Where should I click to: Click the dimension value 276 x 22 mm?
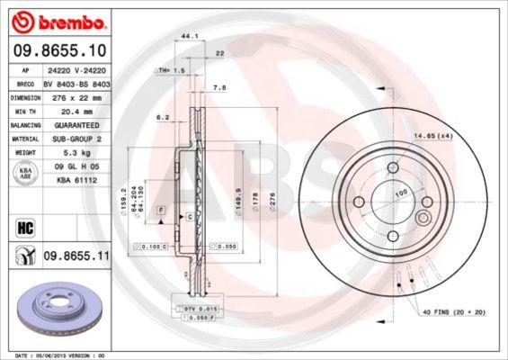tap(81, 95)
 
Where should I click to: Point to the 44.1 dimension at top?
tap(190, 37)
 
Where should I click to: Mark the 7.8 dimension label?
tap(218, 87)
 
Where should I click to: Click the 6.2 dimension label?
tap(163, 117)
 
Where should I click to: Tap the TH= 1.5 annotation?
tap(171, 69)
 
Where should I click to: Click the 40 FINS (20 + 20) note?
tap(455, 312)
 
